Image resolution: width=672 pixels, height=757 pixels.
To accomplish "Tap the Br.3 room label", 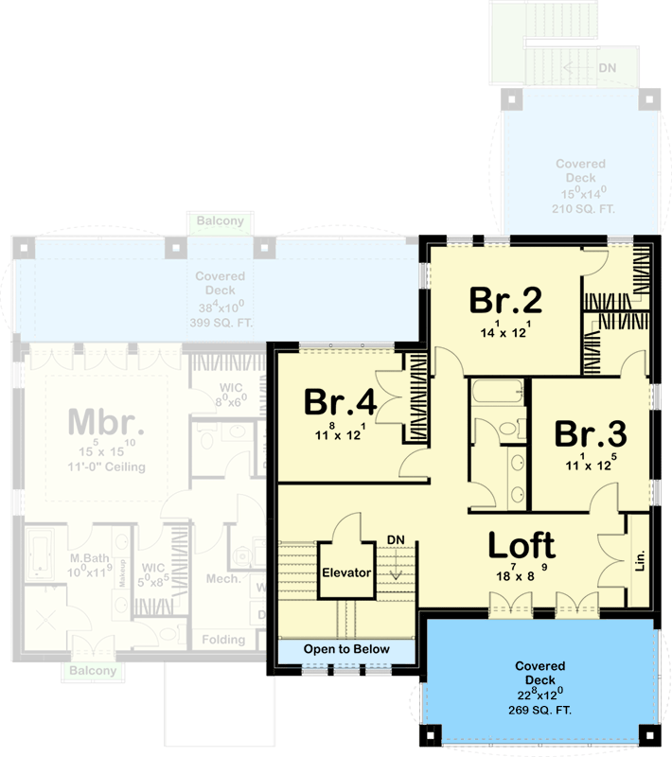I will click(590, 433).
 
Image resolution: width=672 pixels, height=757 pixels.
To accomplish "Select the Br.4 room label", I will click(340, 402).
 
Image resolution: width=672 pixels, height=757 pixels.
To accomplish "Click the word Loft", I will click(522, 546).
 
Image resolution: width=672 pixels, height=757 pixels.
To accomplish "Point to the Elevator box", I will click(345, 572).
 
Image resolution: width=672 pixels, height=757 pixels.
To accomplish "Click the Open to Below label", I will click(346, 650).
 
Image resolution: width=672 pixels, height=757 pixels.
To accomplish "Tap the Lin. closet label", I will click(640, 561).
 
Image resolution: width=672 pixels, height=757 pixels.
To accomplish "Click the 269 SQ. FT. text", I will click(540, 710).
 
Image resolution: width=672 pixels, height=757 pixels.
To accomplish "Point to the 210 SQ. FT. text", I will click(581, 207).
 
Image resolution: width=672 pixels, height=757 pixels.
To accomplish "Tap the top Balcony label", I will click(220, 221).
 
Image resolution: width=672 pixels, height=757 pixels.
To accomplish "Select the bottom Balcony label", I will click(92, 671).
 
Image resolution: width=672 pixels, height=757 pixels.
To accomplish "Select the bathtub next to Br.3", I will click(495, 392).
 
